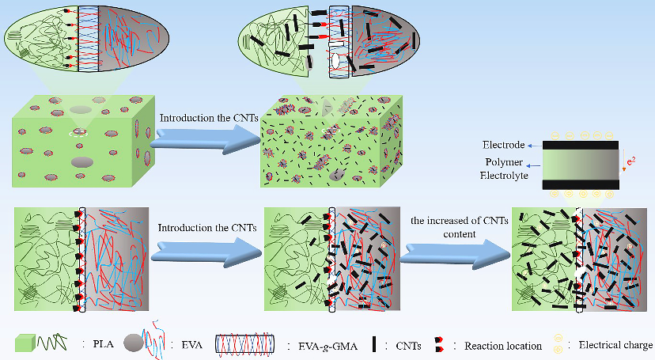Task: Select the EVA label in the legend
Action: tap(190, 345)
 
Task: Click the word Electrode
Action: tap(502, 146)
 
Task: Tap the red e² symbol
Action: tap(630, 161)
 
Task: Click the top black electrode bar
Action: tap(580, 146)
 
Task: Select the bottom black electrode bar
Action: tap(580, 184)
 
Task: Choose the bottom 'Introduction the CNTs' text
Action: tap(207, 228)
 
